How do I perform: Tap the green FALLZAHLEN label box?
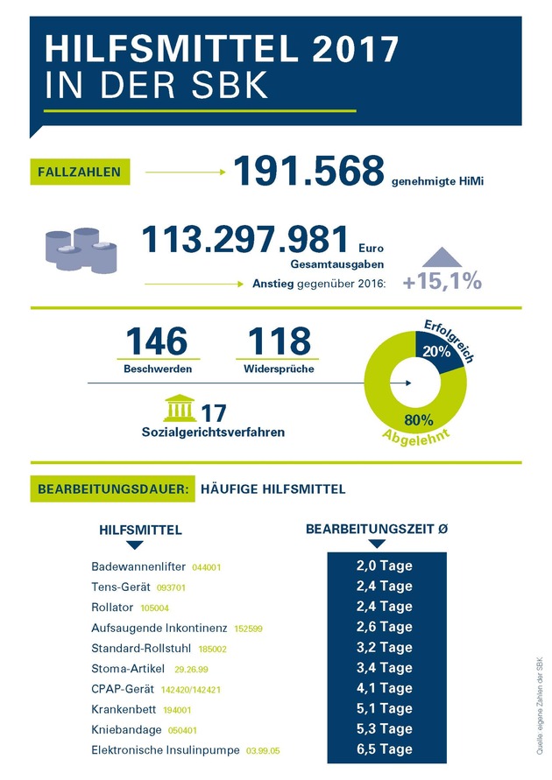80,172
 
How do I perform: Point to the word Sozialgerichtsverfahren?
213,432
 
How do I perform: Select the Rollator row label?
113,607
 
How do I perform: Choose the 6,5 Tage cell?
385,749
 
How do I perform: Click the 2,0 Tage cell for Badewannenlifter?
385,566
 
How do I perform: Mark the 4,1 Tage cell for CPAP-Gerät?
385,688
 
